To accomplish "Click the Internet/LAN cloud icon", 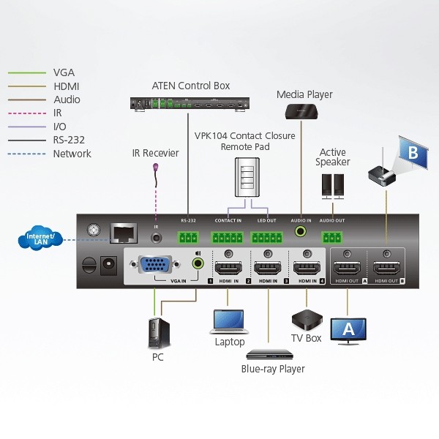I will click(x=42, y=239).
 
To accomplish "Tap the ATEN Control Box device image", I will click(x=190, y=103).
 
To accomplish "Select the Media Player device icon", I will click(x=301, y=111).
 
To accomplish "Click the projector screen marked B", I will click(x=412, y=153).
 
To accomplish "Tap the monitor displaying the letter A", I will click(x=348, y=329).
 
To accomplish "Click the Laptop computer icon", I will click(x=228, y=321).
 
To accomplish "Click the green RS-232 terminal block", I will click(x=189, y=237).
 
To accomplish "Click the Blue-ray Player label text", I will click(x=273, y=369).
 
